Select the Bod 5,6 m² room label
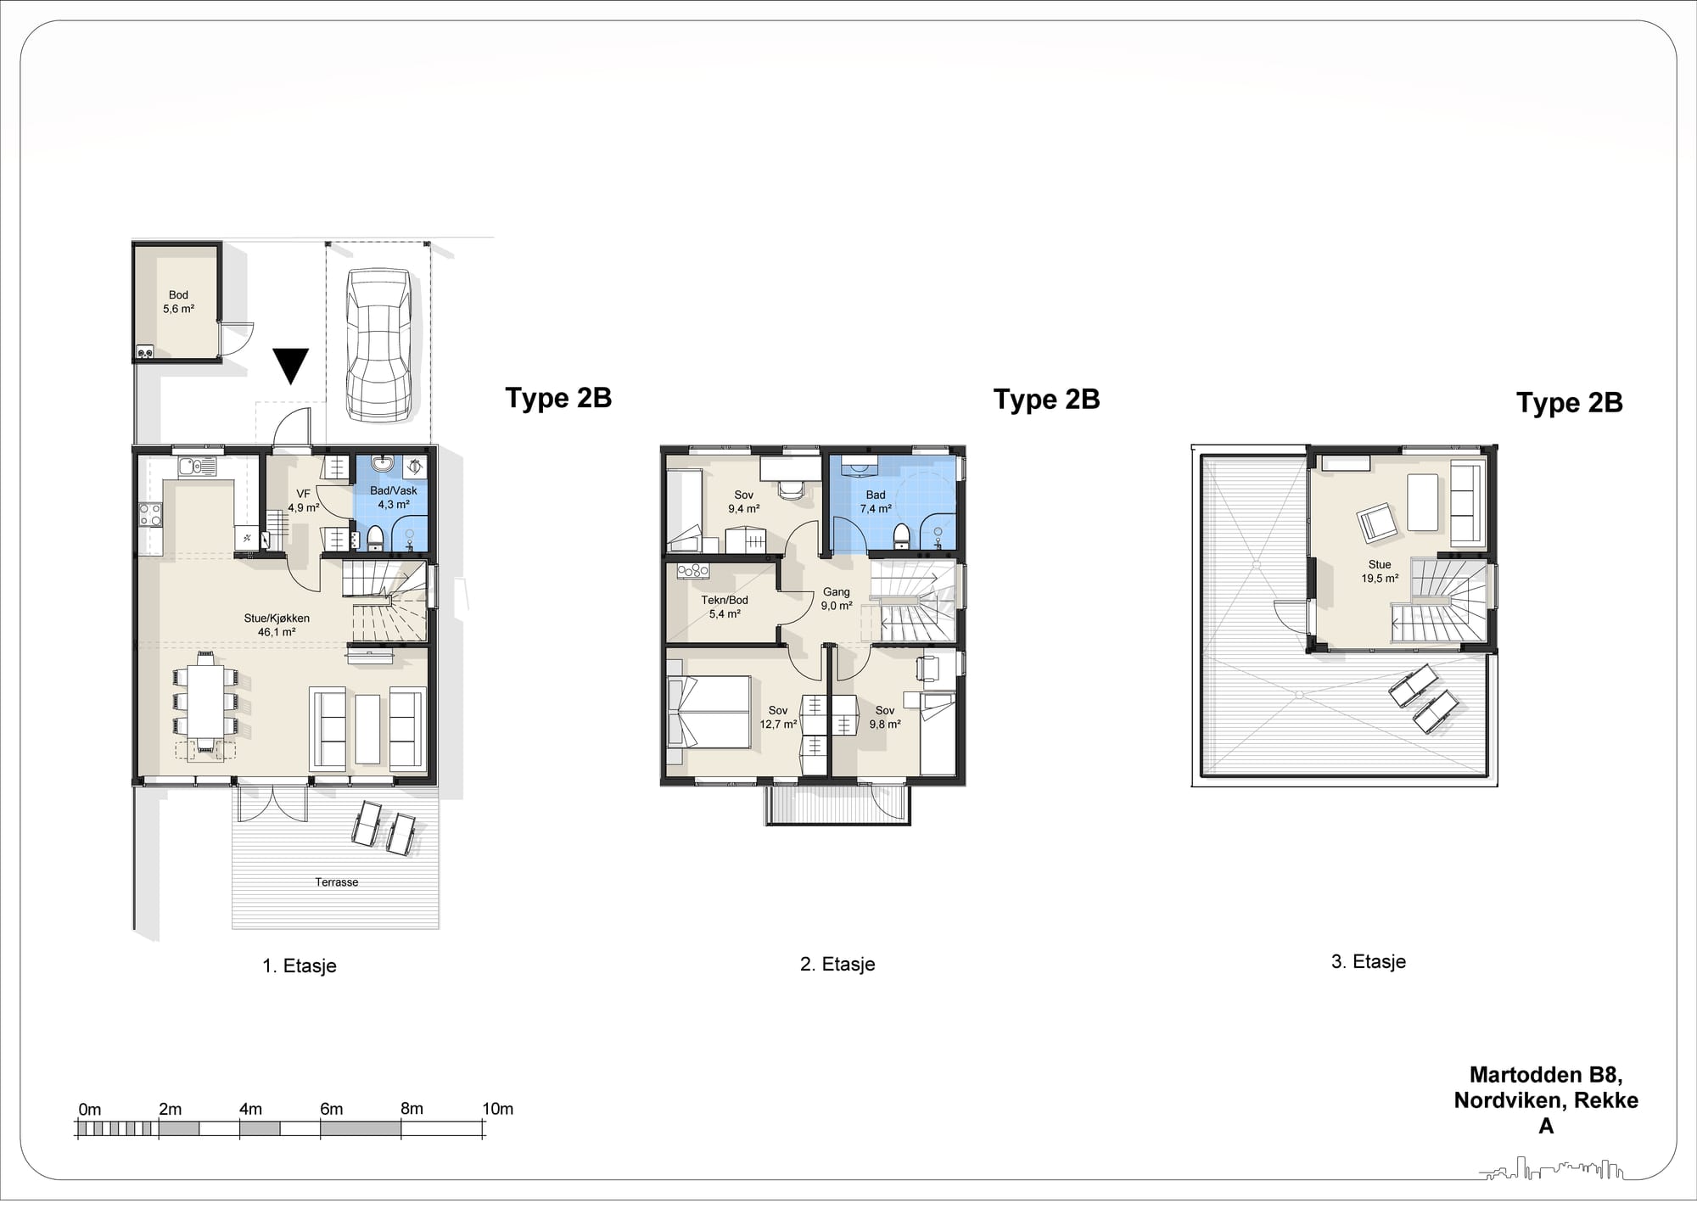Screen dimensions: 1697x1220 [178, 302]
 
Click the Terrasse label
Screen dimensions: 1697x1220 [337, 882]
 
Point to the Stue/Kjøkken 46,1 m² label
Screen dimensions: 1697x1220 [277, 625]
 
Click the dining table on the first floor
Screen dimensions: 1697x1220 [205, 701]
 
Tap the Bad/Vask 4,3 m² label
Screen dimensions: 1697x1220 [394, 497]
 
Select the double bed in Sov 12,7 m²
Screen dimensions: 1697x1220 [709, 712]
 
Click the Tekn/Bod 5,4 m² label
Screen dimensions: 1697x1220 [725, 607]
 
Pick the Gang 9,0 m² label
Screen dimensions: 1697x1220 [837, 599]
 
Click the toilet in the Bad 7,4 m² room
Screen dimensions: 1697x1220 [902, 535]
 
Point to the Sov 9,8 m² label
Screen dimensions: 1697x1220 [885, 718]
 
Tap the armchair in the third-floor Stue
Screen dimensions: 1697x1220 [1375, 523]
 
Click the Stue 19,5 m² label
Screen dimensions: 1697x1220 [1380, 572]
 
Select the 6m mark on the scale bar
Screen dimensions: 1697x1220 [331, 1110]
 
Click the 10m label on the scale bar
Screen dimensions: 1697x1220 [497, 1110]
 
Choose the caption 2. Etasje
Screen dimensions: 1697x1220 [837, 964]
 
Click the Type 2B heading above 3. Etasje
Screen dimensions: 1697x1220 [1569, 403]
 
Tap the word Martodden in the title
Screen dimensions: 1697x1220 [1514, 1075]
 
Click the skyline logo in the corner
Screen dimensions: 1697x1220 [1552, 1169]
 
